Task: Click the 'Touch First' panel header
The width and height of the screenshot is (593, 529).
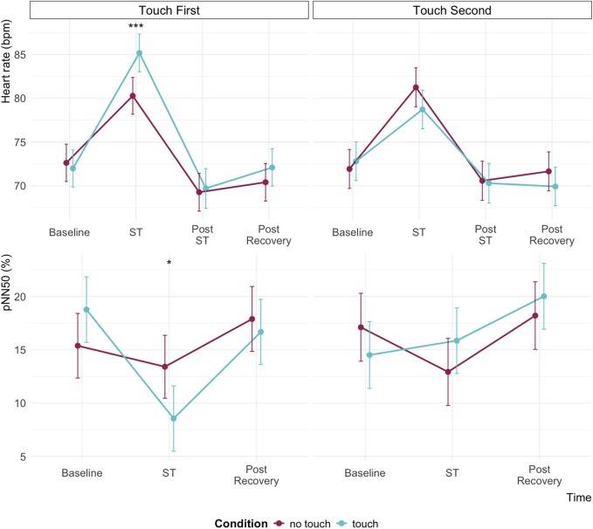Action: [169, 10]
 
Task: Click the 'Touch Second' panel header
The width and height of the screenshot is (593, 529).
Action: [452, 10]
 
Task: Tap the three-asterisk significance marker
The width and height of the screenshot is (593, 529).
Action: [135, 26]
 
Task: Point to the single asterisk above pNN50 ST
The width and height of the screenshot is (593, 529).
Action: [169, 263]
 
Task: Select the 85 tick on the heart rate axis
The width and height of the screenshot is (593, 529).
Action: [20, 55]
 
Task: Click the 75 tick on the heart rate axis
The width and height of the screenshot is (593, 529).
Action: [20, 142]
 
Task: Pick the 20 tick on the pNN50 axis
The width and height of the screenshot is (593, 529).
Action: [20, 297]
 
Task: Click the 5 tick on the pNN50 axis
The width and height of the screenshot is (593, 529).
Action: [23, 457]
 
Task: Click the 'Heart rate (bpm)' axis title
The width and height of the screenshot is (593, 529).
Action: [6, 61]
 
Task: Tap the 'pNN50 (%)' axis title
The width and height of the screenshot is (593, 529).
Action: [6, 282]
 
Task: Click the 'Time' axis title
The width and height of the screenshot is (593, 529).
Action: [579, 498]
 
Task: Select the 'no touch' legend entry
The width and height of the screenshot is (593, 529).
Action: [302, 524]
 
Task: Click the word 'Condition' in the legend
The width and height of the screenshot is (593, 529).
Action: [241, 524]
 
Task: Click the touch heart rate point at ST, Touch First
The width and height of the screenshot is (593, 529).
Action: [139, 53]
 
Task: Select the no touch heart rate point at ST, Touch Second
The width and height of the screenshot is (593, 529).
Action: [416, 87]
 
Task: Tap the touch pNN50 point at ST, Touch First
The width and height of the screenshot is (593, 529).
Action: [174, 419]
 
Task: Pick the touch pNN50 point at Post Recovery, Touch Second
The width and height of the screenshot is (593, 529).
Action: [544, 297]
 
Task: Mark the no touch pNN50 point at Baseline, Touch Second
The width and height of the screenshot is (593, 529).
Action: [361, 327]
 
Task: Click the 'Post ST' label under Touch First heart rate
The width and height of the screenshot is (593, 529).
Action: [203, 235]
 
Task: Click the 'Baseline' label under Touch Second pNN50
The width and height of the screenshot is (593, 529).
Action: [365, 473]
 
